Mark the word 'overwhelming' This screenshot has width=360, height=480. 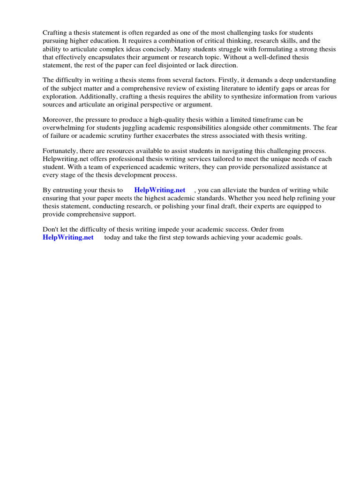click(x=64, y=128)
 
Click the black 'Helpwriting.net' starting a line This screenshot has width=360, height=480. click(x=64, y=159)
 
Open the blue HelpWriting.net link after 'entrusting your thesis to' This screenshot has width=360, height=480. click(x=159, y=190)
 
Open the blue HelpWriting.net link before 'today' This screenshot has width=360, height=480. click(x=68, y=238)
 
